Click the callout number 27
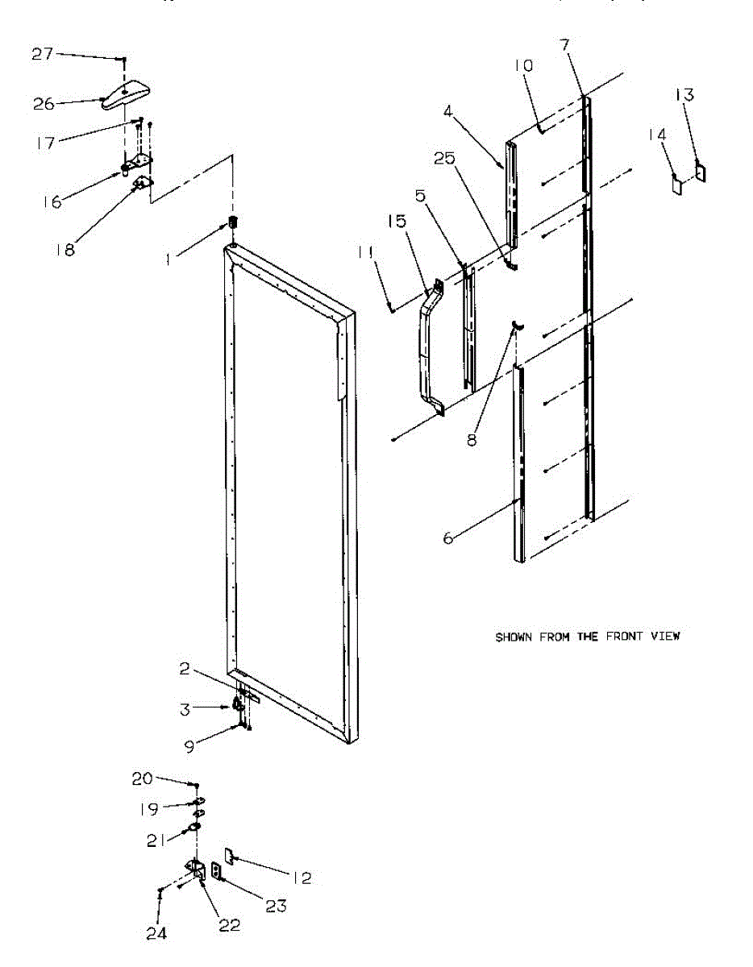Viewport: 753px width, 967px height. click(x=43, y=54)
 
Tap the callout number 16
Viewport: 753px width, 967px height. click(x=52, y=201)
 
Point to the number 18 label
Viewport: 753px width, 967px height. click(x=65, y=249)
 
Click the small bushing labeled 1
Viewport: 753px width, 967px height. click(x=234, y=222)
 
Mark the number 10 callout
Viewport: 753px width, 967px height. click(x=524, y=65)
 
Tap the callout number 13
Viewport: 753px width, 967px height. click(x=684, y=95)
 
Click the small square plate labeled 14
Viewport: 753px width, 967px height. click(x=678, y=185)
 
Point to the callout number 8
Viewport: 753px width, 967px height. click(x=471, y=439)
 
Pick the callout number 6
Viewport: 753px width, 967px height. click(x=448, y=538)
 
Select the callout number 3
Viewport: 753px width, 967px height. click(x=185, y=709)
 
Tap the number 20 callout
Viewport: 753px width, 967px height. click(x=143, y=778)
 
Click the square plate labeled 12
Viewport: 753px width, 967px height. click(x=228, y=855)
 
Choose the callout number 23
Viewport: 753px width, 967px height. click(x=276, y=906)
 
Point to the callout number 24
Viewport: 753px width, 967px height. click(x=156, y=933)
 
